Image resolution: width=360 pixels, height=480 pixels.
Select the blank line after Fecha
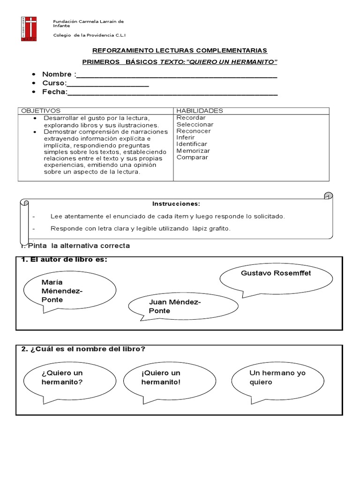point(172,94)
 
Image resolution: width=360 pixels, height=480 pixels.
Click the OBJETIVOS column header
point(38,111)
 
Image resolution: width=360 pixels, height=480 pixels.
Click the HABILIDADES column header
point(200,111)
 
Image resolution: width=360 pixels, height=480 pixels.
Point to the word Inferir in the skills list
point(186,138)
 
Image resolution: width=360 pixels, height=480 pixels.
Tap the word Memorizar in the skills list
point(193,151)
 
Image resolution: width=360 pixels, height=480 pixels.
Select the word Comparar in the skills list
point(192,157)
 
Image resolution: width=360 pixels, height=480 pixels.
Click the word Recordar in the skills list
point(191,118)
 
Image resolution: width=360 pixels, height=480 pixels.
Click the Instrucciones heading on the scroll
point(176,204)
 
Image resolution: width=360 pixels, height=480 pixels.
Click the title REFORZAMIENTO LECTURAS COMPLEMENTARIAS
point(180,50)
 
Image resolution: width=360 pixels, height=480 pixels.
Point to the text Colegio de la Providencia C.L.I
point(90,35)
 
